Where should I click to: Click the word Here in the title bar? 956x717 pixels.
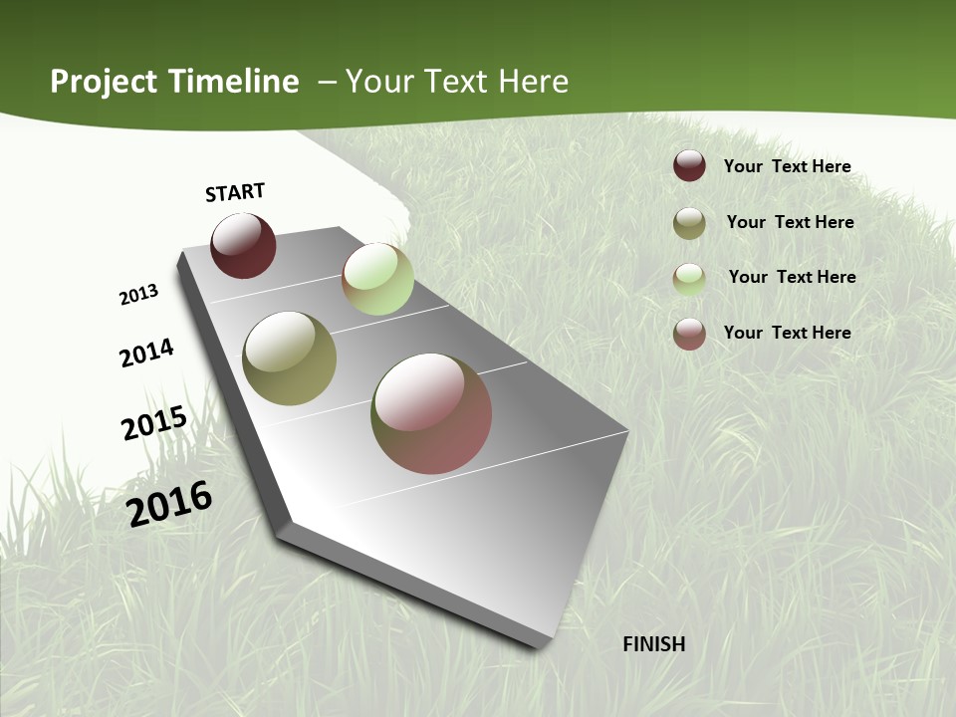pos(532,82)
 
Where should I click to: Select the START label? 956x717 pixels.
pos(235,192)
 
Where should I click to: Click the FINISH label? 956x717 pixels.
pos(653,644)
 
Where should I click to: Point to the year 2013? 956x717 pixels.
pos(139,295)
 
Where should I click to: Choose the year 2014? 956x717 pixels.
pos(147,353)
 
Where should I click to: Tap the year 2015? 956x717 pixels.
pos(154,423)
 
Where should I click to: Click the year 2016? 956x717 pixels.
pos(169,503)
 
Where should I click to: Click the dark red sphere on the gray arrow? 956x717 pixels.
pos(243,246)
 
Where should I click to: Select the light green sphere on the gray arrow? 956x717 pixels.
pos(377,279)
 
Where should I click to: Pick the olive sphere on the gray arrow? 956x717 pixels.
pos(289,358)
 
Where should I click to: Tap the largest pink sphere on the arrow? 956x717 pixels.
pos(431,413)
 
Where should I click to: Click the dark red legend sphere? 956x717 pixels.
pos(689,165)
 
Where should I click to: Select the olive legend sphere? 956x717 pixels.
pos(689,223)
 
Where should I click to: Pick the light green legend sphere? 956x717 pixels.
pos(689,279)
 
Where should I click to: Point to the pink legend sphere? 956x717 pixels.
pos(689,334)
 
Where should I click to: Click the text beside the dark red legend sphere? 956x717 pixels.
pos(787,166)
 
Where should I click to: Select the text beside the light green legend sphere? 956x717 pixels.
pos(792,277)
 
